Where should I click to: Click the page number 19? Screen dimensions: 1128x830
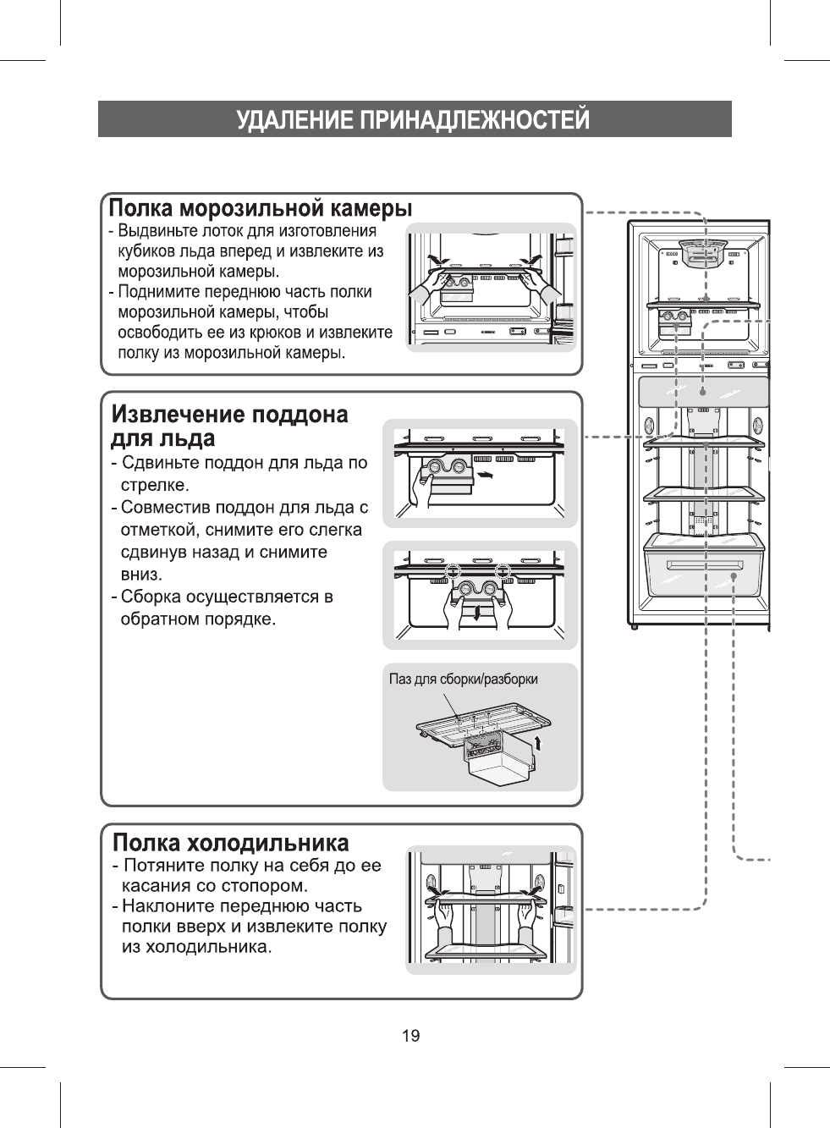coord(410,1036)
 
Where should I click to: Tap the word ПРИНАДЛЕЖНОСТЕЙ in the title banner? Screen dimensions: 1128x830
coord(474,120)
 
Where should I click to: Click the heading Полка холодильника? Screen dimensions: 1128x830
coord(231,843)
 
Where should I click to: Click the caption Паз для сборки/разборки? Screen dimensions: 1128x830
coord(463,680)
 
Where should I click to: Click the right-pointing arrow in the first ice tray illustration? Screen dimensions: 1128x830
coord(485,476)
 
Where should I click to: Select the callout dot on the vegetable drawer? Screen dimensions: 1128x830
coord(734,576)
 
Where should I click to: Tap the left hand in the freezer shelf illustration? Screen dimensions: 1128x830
coord(426,290)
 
